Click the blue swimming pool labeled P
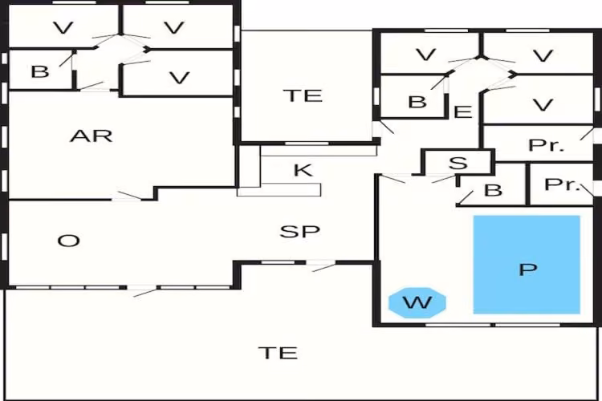click(x=527, y=265)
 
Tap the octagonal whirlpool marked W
click(x=417, y=303)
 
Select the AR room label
click(x=92, y=136)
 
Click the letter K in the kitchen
click(x=303, y=170)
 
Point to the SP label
click(x=300, y=232)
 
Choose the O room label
click(x=69, y=241)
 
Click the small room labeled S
click(x=458, y=163)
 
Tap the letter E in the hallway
click(x=462, y=112)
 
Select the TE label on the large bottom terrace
click(x=278, y=353)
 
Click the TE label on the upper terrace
click(x=303, y=95)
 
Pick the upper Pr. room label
click(x=547, y=145)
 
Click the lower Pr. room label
click(x=562, y=184)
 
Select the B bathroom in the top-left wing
click(x=40, y=71)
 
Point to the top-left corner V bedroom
click(x=63, y=27)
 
